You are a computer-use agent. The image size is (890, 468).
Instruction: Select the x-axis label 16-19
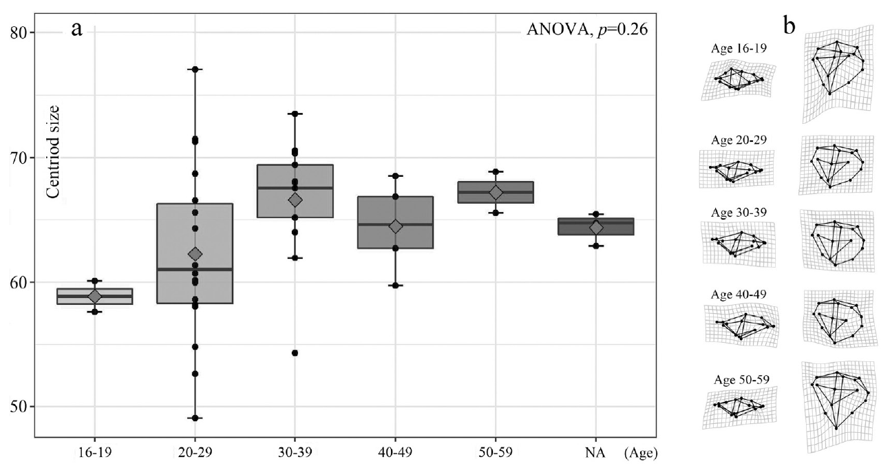[x=95, y=453]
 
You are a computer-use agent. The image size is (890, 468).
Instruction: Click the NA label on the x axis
[x=595, y=453]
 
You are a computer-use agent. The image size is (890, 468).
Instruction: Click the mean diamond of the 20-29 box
[x=195, y=255]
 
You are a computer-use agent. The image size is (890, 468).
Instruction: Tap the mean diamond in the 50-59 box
[x=496, y=193]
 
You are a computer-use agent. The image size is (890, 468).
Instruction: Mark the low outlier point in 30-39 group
[x=295, y=353]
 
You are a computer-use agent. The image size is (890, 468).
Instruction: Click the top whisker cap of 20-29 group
[x=195, y=70]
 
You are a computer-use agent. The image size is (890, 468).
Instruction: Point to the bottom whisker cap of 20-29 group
[x=195, y=418]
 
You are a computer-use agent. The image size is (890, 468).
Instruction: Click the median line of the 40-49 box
[x=395, y=224]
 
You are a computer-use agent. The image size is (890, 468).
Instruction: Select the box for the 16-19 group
[x=95, y=296]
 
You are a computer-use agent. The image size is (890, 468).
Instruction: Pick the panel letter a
[x=78, y=30]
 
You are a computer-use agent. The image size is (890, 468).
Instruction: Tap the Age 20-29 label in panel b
[x=737, y=140]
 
